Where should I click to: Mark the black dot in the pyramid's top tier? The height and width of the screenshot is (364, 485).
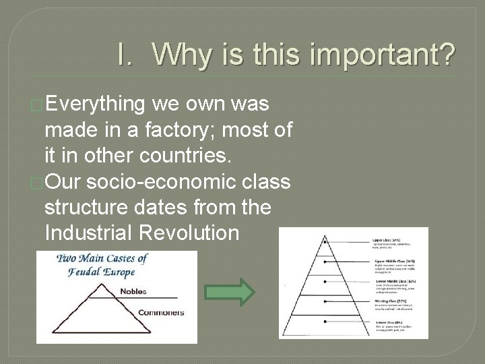click(x=325, y=241)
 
